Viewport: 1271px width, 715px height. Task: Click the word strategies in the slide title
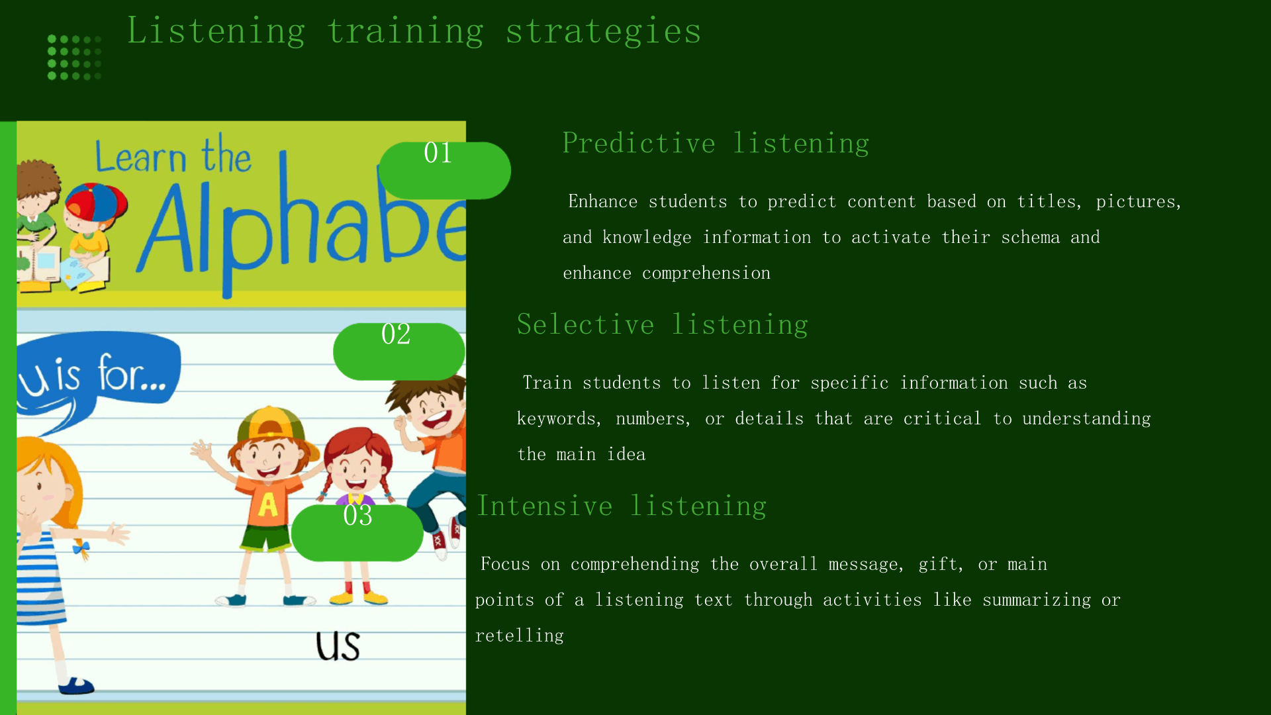(603, 31)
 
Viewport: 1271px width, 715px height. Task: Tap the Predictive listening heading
(716, 144)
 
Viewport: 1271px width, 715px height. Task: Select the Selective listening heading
(662, 325)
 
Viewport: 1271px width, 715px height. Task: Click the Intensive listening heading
(622, 506)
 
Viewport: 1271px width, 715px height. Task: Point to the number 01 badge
(444, 170)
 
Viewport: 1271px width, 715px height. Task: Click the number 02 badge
(399, 352)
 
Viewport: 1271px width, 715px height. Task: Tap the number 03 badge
(357, 533)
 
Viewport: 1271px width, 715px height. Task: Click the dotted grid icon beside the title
(74, 58)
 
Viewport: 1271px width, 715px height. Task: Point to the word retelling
(520, 636)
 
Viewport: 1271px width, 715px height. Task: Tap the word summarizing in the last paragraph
(1037, 600)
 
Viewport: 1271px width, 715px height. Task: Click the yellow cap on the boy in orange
(271, 424)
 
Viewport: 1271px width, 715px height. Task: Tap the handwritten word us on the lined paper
(338, 646)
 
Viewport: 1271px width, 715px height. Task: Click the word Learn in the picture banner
(141, 158)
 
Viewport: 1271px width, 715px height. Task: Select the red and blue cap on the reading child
(97, 203)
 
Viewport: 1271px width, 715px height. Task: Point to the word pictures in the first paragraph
(1139, 202)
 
